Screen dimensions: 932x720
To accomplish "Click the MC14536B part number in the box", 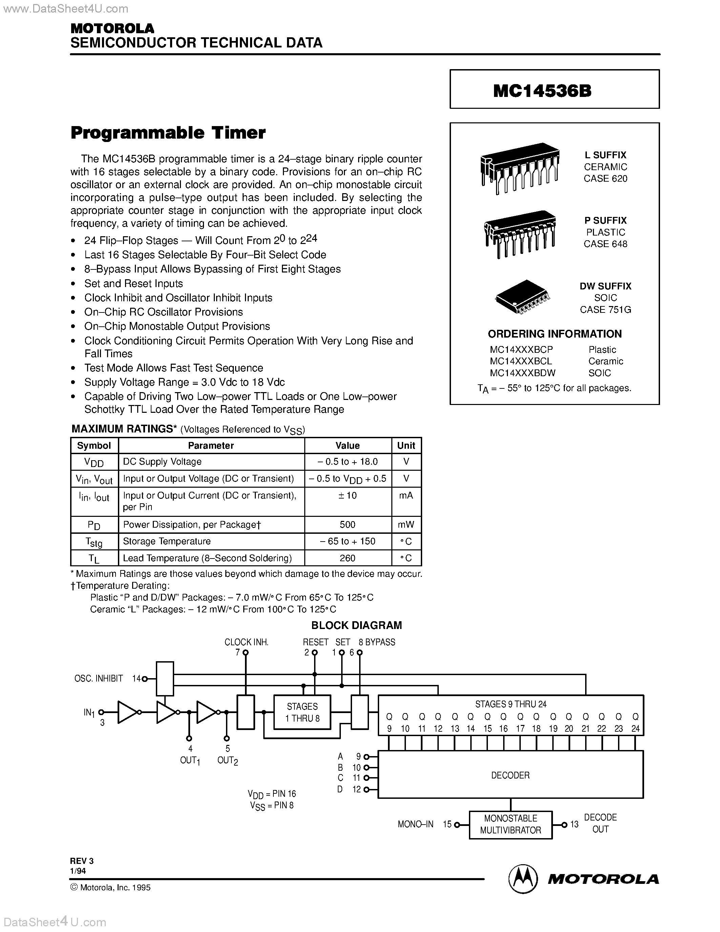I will (542, 90).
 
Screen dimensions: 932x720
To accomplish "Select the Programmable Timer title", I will (168, 133).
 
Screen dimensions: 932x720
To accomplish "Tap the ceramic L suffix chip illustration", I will (519, 168).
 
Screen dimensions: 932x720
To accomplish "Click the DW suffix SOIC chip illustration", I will (522, 297).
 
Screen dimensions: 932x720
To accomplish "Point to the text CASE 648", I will (605, 244).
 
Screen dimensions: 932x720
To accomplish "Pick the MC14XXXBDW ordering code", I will (522, 373).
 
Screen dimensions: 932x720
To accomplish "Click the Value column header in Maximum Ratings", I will (347, 446).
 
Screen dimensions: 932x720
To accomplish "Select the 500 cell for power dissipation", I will (347, 525).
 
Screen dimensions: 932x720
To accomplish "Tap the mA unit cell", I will (406, 496).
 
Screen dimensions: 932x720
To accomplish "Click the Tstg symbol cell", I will (94, 542).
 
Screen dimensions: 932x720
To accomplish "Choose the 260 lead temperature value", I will (347, 558).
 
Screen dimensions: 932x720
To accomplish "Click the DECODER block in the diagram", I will (510, 775).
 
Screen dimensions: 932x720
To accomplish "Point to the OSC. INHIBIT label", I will (99, 678).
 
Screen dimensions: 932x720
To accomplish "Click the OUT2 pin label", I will (227, 761).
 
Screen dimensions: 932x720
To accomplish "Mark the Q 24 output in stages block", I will (635, 723).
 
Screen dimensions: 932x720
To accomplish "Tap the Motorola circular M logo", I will (523, 879).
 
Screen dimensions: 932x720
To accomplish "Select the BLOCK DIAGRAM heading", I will (356, 625).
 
